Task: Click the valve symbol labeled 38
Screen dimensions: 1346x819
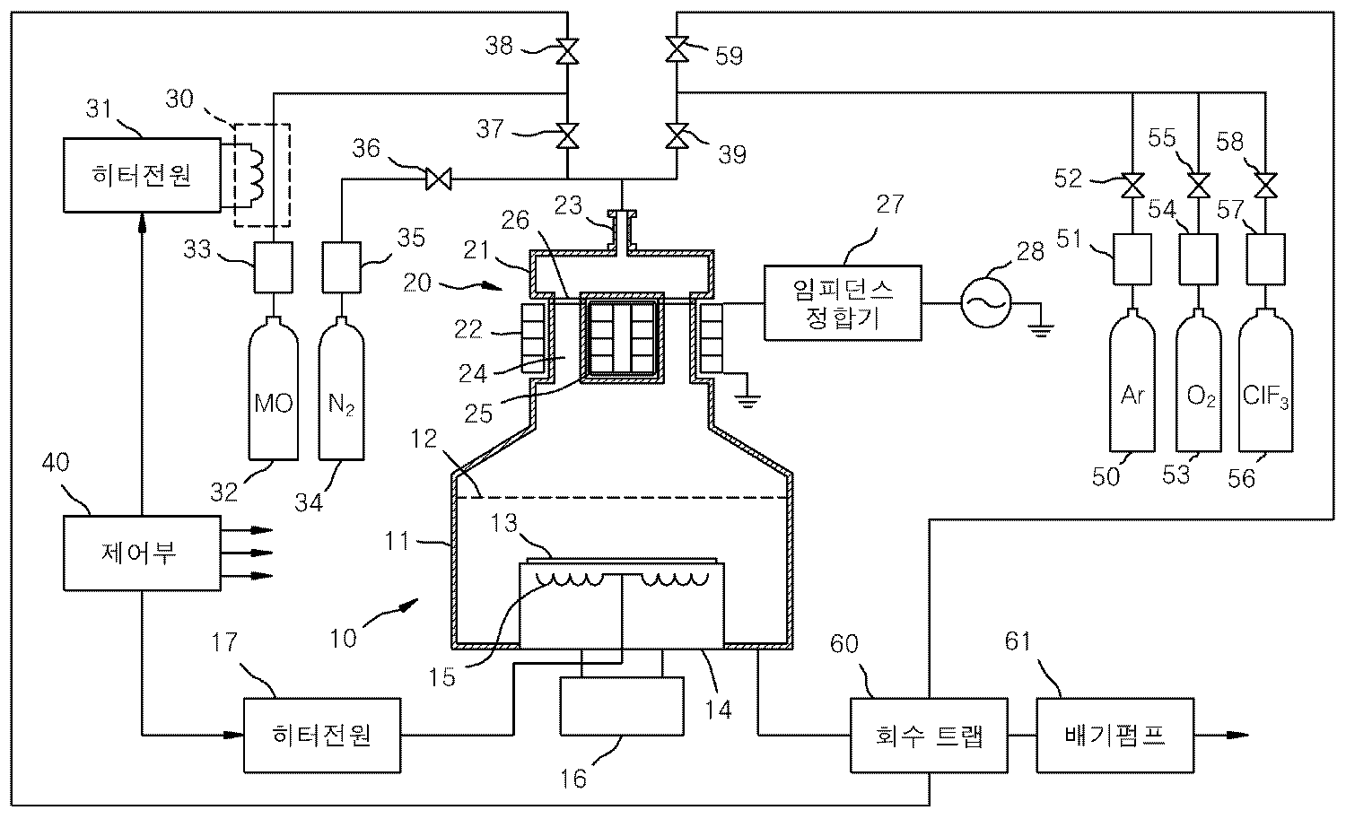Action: point(567,51)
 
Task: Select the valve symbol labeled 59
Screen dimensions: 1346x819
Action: point(677,48)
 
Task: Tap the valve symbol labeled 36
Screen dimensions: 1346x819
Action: point(439,179)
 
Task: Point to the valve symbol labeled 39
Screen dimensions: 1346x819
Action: point(677,135)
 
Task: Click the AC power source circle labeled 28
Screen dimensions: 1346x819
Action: point(985,302)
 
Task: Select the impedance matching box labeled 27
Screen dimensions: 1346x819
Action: point(843,303)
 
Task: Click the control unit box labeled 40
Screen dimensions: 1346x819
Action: point(142,553)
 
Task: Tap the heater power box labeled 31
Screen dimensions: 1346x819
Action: point(142,175)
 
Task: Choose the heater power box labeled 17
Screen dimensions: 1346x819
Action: point(322,735)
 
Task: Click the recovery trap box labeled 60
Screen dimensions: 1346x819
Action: point(929,735)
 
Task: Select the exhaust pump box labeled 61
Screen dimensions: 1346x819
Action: point(1115,735)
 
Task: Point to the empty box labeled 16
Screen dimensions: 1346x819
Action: point(622,706)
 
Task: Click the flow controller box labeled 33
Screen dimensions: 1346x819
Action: point(274,267)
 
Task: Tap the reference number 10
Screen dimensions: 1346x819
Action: point(343,638)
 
